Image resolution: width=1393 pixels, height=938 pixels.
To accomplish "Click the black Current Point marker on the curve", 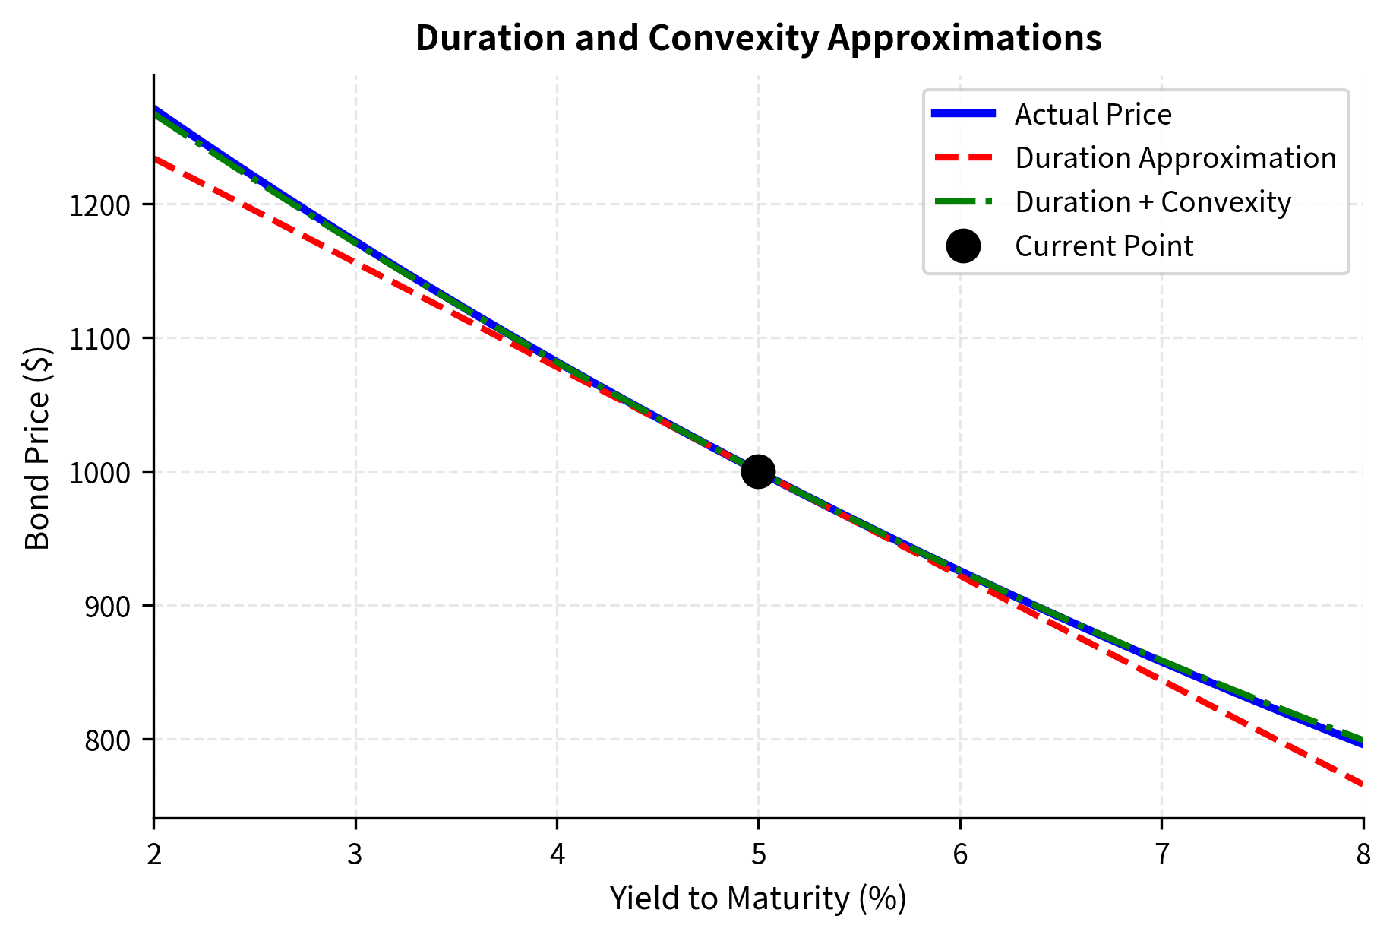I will click(758, 471).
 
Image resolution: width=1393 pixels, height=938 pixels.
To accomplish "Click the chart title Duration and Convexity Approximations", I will click(758, 38).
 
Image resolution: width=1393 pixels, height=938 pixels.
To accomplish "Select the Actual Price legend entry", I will click(1092, 114).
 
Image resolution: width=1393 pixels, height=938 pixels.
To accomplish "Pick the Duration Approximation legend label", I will click(1175, 158).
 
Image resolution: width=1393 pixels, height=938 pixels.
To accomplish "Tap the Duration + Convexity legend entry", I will click(1152, 202).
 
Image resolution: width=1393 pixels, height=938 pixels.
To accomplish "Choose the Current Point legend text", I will click(1104, 246).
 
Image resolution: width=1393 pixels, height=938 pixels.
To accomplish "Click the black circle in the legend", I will click(963, 246).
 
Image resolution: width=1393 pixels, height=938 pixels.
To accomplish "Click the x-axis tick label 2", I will click(154, 855).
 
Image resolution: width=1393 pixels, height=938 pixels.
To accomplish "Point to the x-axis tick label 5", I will click(758, 855).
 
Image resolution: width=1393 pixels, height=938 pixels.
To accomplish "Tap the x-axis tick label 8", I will click(1363, 855).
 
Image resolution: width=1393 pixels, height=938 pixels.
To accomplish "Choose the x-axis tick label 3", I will click(355, 855).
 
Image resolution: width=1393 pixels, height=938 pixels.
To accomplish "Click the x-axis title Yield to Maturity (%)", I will click(758, 898).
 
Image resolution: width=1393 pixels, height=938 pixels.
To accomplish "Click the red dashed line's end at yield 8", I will click(1362, 784).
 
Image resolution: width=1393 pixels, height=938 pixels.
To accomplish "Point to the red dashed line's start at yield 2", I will click(156, 158).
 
